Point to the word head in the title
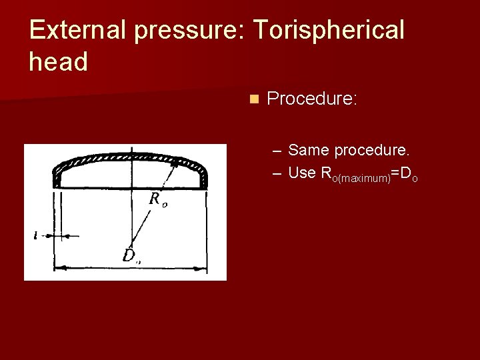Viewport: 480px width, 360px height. [59, 62]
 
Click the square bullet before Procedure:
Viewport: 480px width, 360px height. [253, 99]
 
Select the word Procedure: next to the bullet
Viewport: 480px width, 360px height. [312, 99]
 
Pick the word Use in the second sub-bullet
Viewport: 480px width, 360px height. [302, 173]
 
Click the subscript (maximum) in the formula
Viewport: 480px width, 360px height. [361, 179]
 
